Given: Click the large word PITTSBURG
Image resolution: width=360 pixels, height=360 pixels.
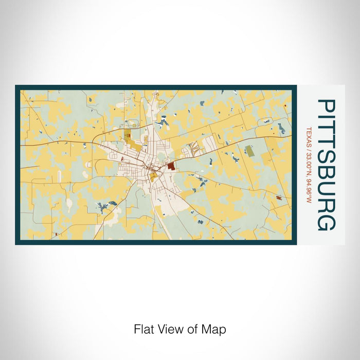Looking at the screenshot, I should (x=327, y=165).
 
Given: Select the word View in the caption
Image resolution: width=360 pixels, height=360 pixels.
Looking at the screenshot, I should (x=169, y=329).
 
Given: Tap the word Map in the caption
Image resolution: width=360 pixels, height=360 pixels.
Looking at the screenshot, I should (x=215, y=329).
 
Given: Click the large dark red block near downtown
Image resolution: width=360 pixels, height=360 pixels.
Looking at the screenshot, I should (x=170, y=166).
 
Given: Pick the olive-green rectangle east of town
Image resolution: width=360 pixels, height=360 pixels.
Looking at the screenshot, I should (x=249, y=151).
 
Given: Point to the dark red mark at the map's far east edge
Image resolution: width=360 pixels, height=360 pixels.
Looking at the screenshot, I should (x=279, y=198).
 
